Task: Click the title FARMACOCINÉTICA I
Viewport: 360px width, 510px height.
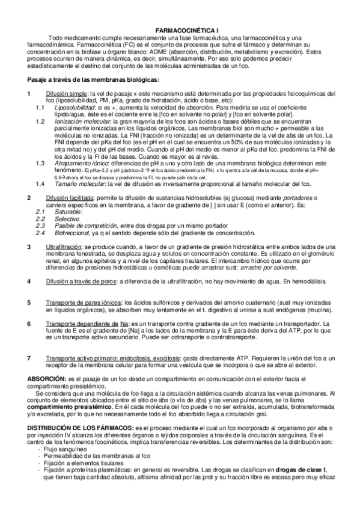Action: (180, 28)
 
